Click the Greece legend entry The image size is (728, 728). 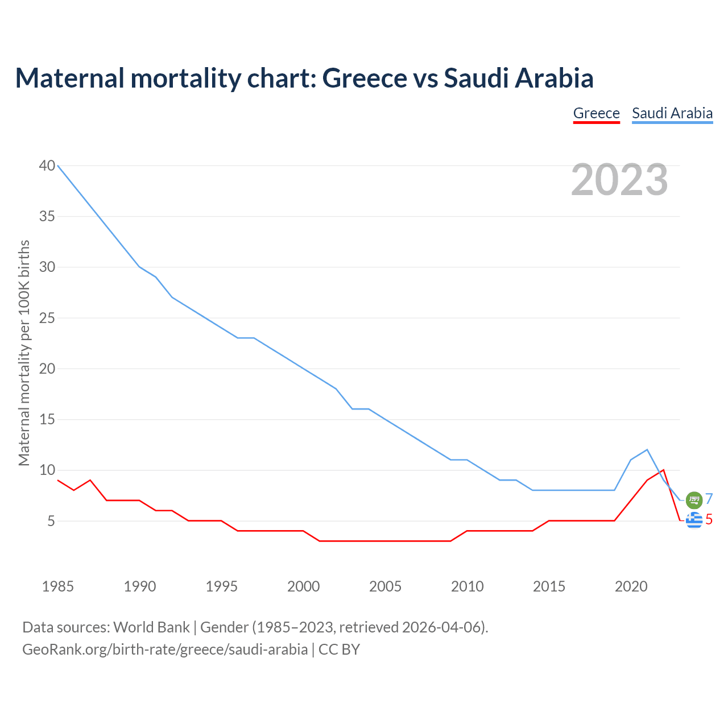point(596,113)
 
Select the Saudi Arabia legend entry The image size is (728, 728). point(672,113)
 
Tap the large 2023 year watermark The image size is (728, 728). point(619,180)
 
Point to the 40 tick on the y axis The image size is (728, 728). point(47,166)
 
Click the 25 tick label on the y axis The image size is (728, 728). point(47,318)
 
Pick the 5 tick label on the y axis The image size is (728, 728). point(51,521)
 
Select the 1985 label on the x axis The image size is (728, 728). point(57,586)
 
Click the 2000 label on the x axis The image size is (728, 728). point(303,586)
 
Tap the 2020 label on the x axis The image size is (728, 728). point(631,586)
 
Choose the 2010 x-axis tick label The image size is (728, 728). point(467,586)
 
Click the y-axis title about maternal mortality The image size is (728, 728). point(24,353)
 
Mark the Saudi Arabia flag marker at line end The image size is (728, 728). point(694,500)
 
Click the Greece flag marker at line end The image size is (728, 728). point(694,520)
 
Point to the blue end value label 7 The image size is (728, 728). point(709,499)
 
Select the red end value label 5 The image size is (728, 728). point(709,519)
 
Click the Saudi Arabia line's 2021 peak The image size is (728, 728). point(647,450)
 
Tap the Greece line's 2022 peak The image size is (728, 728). point(663,470)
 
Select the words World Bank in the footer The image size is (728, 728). point(151,627)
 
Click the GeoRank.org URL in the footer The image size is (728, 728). point(165,650)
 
